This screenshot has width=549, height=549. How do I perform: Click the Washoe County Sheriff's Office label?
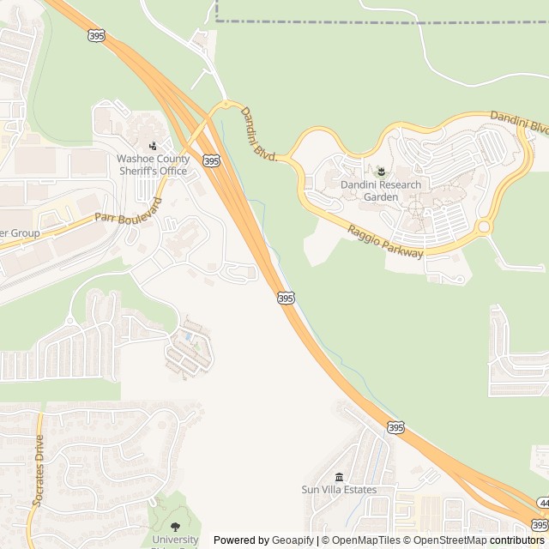[152, 165]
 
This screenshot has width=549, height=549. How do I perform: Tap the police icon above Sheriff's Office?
[153, 146]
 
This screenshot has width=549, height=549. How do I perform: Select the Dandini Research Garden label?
[381, 190]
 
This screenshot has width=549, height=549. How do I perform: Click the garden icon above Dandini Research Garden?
[381, 174]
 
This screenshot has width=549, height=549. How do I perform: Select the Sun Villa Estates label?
[339, 490]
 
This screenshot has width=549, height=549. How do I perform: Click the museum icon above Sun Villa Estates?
[339, 477]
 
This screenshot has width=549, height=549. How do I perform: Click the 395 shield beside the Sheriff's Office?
[212, 160]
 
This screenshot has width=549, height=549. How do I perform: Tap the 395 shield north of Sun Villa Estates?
[395, 427]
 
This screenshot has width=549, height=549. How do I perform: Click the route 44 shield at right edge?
[544, 502]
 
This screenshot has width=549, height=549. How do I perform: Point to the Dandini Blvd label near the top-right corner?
[519, 121]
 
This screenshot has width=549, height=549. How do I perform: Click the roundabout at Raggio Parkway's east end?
[484, 227]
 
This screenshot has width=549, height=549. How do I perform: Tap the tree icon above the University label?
[175, 527]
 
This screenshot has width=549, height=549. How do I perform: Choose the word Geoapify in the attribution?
[294, 540]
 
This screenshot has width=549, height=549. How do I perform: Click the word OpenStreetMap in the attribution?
[449, 540]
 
